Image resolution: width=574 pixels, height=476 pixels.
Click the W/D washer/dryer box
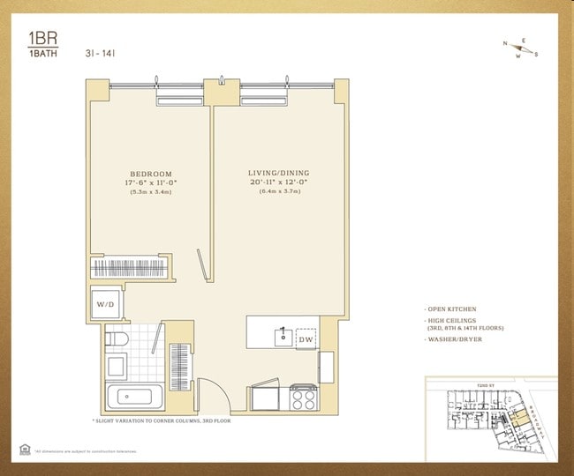point(103,304)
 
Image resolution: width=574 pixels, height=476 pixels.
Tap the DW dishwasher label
point(306,338)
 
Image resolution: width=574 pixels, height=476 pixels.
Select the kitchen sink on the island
point(283,335)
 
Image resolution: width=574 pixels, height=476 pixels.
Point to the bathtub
point(134,397)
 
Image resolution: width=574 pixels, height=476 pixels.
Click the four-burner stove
point(304,398)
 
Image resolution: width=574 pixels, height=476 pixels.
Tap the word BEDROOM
point(151,174)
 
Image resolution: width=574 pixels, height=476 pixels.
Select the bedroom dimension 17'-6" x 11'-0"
point(151,182)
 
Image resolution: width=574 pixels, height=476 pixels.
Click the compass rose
point(520,49)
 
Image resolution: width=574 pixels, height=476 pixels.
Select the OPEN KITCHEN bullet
point(451,309)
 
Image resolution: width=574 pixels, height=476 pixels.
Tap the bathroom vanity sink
point(116,367)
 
